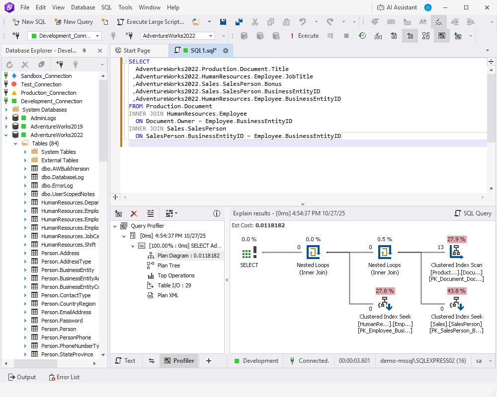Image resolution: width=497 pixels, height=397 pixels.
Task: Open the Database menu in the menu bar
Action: pyautogui.click(x=83, y=7)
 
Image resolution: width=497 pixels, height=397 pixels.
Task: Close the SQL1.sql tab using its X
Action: pyautogui.click(x=226, y=51)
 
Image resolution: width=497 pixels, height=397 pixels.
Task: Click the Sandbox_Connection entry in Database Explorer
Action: pyautogui.click(x=46, y=76)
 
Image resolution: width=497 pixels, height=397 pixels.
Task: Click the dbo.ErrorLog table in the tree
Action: pyautogui.click(x=57, y=186)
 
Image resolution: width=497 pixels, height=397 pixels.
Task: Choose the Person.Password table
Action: pyautogui.click(x=62, y=321)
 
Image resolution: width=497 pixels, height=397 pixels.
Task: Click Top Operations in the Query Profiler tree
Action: pyautogui.click(x=176, y=275)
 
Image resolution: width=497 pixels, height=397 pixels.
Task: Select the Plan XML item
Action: pyautogui.click(x=167, y=295)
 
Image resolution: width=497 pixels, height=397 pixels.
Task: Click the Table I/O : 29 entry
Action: pyautogui.click(x=174, y=285)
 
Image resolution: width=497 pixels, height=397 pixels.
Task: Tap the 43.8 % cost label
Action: pyautogui.click(x=456, y=291)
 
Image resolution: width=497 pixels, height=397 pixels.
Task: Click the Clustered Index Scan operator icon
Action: pyautogui.click(x=456, y=252)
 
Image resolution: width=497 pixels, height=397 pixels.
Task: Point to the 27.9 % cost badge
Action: pyautogui.click(x=456, y=239)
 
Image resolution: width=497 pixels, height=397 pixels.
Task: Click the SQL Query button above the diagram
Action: pyautogui.click(x=473, y=213)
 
